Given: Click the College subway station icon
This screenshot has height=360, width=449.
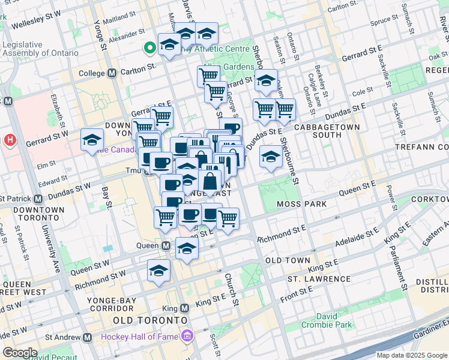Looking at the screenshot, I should (112, 73).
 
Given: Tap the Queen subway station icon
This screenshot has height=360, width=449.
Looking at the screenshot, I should (166, 245).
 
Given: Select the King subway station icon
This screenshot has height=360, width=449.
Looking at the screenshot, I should (184, 308).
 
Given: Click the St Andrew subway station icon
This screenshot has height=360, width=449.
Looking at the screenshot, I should (88, 337).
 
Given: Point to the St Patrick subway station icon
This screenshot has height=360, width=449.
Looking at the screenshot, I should (38, 198).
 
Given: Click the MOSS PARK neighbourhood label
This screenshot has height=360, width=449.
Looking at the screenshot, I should (301, 204).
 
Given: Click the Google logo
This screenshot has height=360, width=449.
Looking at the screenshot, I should (20, 353).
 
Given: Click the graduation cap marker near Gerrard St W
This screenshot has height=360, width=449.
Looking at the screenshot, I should (92, 141).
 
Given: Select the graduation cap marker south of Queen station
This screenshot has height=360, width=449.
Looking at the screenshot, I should (158, 272).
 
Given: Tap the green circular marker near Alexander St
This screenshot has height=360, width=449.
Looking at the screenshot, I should (149, 47).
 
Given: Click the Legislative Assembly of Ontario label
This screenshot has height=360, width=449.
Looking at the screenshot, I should (40, 49).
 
